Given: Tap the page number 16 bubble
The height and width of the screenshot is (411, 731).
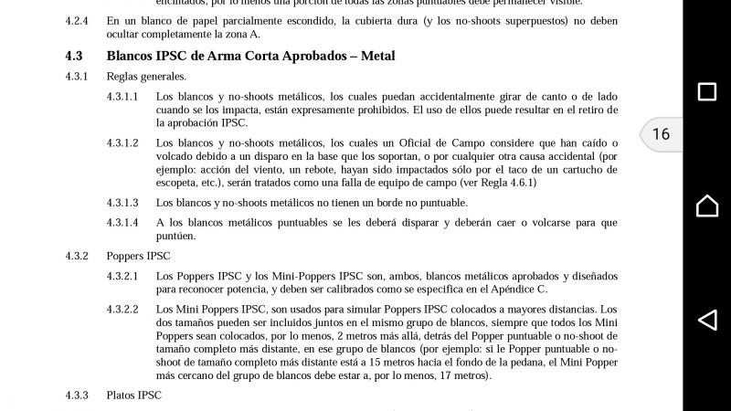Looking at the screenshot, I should pyautogui.click(x=661, y=134).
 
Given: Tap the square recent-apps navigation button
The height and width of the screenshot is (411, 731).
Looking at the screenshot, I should pyautogui.click(x=706, y=91).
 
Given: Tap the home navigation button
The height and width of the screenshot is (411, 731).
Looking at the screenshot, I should pyautogui.click(x=706, y=205).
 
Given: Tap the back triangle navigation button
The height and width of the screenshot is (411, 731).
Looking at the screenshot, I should pyautogui.click(x=706, y=320).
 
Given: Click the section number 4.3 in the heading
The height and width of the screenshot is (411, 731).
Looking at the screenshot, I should pyautogui.click(x=74, y=56).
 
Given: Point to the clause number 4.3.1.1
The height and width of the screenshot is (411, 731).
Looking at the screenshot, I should pyautogui.click(x=122, y=97).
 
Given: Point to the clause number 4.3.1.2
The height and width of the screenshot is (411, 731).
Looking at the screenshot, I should pyautogui.click(x=122, y=143).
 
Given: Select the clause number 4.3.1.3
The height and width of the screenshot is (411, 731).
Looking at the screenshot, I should pyautogui.click(x=122, y=203).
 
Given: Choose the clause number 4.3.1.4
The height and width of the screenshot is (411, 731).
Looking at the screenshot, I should pyautogui.click(x=122, y=223).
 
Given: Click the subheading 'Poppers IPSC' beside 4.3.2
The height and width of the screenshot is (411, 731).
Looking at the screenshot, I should pyautogui.click(x=138, y=256).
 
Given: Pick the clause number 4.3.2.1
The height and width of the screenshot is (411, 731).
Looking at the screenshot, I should pyautogui.click(x=122, y=276).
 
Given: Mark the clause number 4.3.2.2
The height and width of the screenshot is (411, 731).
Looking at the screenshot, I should pyautogui.click(x=122, y=310).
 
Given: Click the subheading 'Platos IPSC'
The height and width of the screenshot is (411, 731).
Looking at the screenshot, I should pyautogui.click(x=133, y=395).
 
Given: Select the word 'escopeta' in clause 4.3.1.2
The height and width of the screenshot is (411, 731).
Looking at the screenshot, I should pyautogui.click(x=178, y=183).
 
